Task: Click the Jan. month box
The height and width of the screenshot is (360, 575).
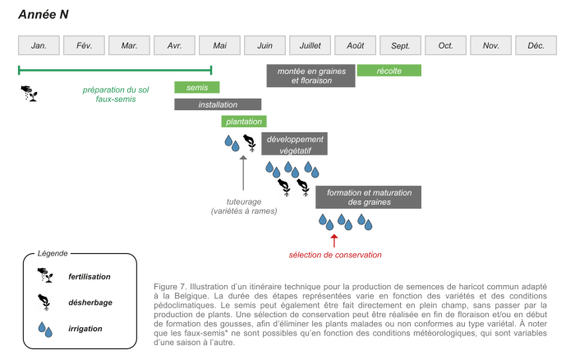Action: pos(39,45)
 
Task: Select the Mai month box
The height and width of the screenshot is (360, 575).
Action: pos(219,45)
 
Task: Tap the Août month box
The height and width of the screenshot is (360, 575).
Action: pos(355,45)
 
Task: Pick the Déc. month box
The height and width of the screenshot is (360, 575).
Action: pos(536,45)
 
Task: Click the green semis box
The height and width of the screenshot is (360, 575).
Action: pos(197,87)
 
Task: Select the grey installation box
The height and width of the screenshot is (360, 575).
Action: pos(218,104)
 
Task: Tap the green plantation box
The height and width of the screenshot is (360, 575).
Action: pos(244,122)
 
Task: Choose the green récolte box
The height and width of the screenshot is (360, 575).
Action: pos(389,71)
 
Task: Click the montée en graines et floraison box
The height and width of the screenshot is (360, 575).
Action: pos(310,76)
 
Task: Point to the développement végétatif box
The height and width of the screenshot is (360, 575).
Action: pos(294,145)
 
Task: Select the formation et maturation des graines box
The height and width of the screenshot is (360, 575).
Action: pos(369,197)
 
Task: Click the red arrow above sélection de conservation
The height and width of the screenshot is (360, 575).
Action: pos(334,239)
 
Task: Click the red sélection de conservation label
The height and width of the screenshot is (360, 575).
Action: pos(335,255)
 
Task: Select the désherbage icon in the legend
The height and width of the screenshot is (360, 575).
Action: pos(43,302)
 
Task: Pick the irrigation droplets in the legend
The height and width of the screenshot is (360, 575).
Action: pos(43,328)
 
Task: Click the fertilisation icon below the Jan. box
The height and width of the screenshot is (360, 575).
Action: pos(30,93)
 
